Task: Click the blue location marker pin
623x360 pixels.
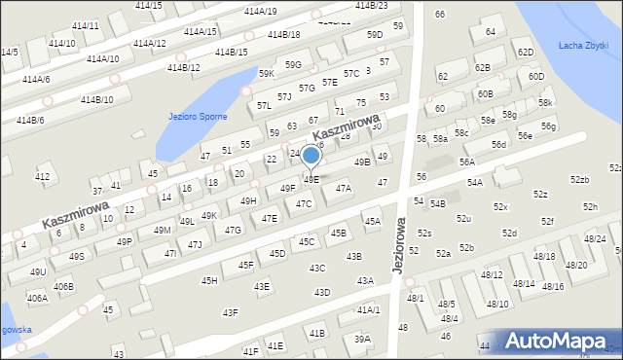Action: coord(311,155)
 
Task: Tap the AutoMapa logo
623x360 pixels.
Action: coord(561,341)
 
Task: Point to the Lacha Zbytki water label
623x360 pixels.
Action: coord(584,46)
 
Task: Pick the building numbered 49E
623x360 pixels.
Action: coord(311,179)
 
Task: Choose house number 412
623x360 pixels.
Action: coord(42,177)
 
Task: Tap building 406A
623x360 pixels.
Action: coord(37,299)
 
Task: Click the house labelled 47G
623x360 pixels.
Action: coord(233,231)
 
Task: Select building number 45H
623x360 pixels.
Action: coord(209,280)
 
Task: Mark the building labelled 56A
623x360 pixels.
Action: coord(467,162)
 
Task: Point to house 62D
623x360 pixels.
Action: coord(526,53)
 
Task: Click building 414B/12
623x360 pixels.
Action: coord(183,68)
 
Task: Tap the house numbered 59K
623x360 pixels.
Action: coord(266,74)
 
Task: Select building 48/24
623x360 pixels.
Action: coord(595,238)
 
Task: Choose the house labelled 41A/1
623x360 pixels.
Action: coord(368,309)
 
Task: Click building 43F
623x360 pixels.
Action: coord(230,312)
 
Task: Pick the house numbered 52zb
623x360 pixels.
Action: coord(580,180)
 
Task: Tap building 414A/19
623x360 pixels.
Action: coord(260,12)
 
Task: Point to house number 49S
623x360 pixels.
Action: coord(77,256)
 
